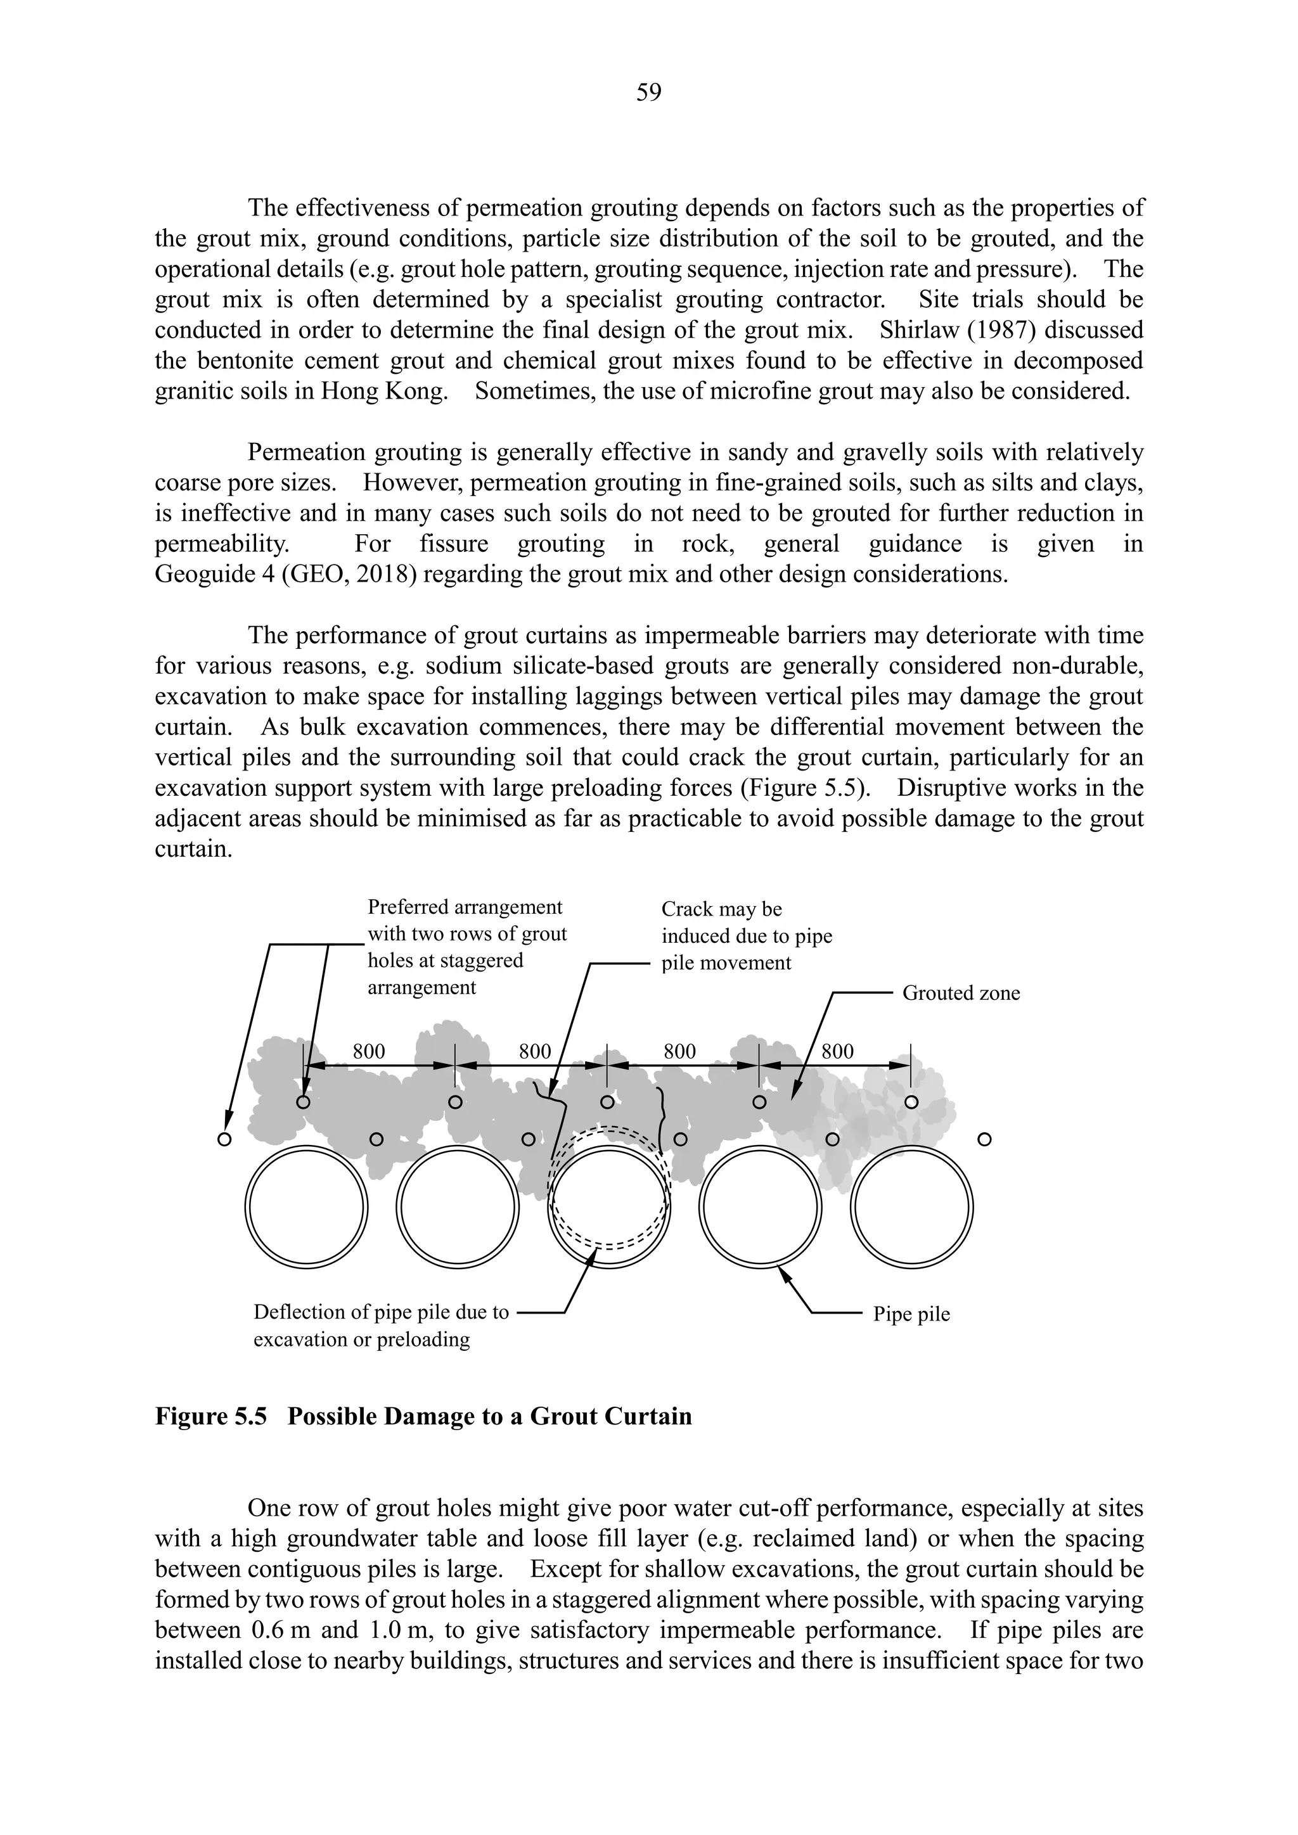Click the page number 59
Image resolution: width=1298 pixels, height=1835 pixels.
(648, 93)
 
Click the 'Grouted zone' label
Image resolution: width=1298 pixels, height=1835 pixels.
(961, 993)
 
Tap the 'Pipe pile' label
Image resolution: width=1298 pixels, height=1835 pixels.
(911, 1314)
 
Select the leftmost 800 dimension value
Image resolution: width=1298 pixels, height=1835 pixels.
(368, 1052)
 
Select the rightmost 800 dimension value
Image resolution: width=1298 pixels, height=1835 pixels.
(837, 1052)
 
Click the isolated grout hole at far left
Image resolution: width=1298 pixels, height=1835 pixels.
(224, 1139)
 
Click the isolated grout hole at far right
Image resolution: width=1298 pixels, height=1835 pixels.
(985, 1139)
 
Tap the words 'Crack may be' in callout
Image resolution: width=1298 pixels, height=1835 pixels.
(721, 909)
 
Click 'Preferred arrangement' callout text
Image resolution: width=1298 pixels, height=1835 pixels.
(465, 907)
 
